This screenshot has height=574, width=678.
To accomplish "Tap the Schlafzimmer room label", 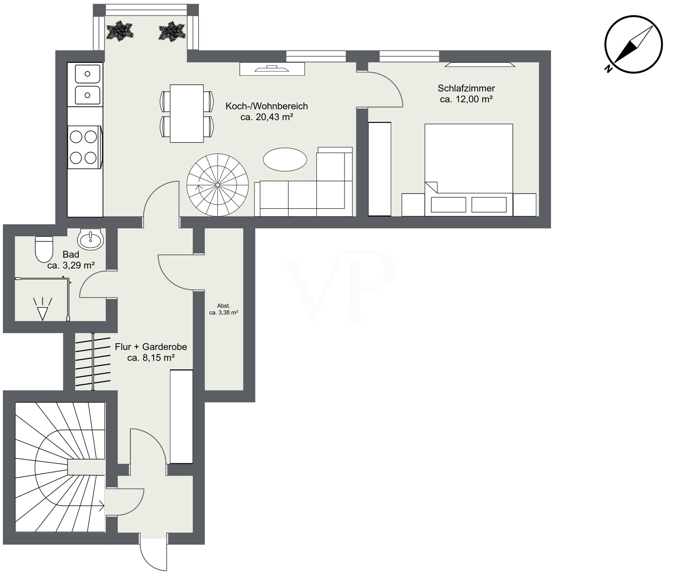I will click(466, 89).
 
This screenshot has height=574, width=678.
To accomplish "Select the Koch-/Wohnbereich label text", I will click(267, 107).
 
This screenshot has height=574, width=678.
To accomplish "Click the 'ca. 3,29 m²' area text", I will click(71, 266).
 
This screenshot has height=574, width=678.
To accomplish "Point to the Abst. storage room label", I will click(223, 306).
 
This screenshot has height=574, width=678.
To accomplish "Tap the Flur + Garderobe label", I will click(151, 347).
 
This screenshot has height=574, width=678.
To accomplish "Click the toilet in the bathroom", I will click(44, 249).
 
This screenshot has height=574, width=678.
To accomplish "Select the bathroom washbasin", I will click(90, 239).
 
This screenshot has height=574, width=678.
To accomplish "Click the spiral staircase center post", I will click(217, 185).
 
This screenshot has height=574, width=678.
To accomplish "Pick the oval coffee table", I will click(285, 160).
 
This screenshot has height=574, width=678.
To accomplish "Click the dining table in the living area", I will click(187, 113).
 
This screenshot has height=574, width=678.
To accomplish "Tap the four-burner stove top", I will click(84, 147).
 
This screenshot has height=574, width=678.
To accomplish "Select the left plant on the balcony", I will click(120, 31).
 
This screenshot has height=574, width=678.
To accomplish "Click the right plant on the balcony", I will click(172, 32).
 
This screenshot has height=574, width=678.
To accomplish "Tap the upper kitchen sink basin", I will click(88, 74).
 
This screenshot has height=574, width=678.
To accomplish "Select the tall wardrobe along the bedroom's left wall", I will click(379, 169).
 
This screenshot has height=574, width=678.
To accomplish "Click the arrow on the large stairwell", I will click(99, 507).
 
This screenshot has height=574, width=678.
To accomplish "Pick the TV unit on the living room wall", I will click(272, 69).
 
